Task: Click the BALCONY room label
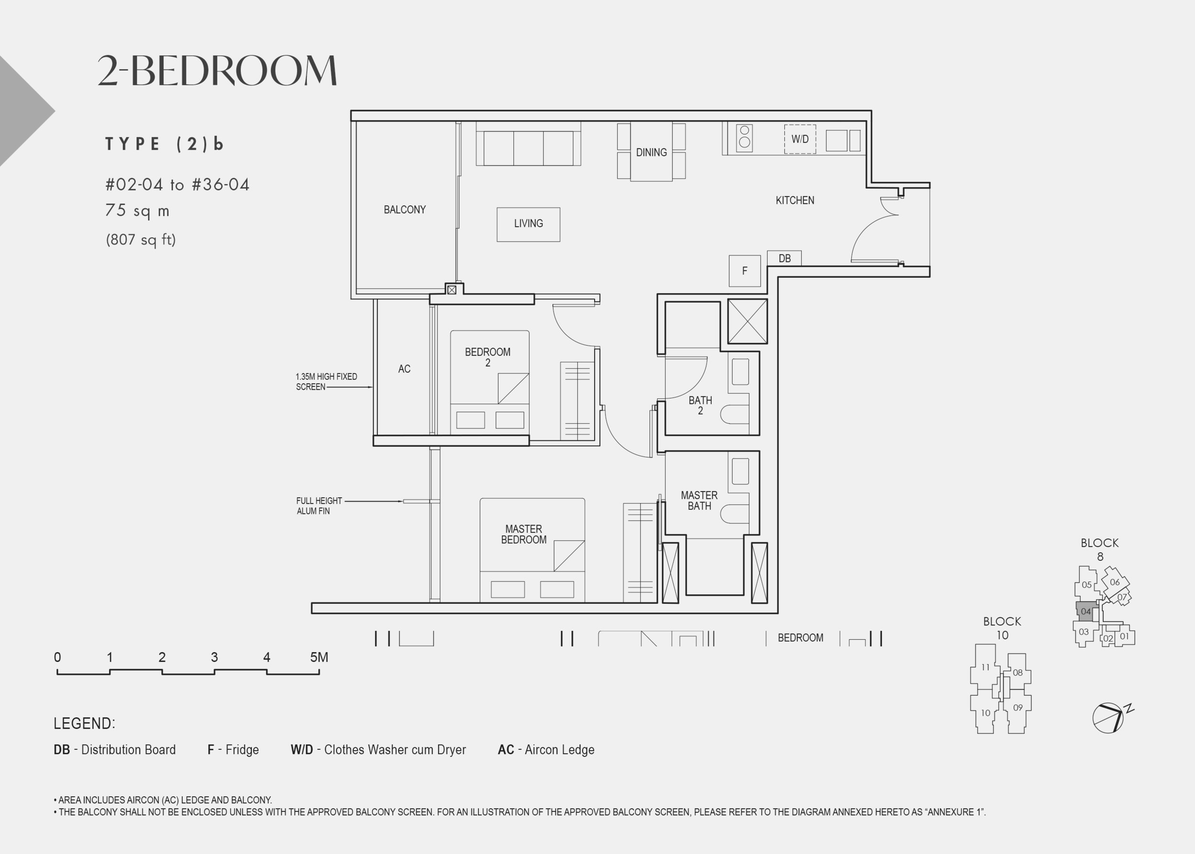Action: click(x=404, y=210)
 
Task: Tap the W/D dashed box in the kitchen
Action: click(x=800, y=139)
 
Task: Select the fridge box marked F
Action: click(x=744, y=271)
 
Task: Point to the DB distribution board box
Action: click(x=784, y=258)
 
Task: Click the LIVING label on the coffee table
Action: click(x=528, y=223)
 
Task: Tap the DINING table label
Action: click(x=652, y=153)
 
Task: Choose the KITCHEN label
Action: click(x=795, y=200)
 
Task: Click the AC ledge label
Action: click(x=404, y=369)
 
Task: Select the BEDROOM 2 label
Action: click(x=488, y=357)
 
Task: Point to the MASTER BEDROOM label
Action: click(x=523, y=534)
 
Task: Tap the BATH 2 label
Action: click(x=700, y=405)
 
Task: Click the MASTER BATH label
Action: click(x=699, y=501)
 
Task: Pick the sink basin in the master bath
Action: click(x=740, y=471)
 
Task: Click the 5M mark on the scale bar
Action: click(x=319, y=657)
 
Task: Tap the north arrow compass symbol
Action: click(x=1110, y=717)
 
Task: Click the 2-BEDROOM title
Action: click(x=217, y=70)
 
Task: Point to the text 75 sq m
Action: click(x=137, y=211)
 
